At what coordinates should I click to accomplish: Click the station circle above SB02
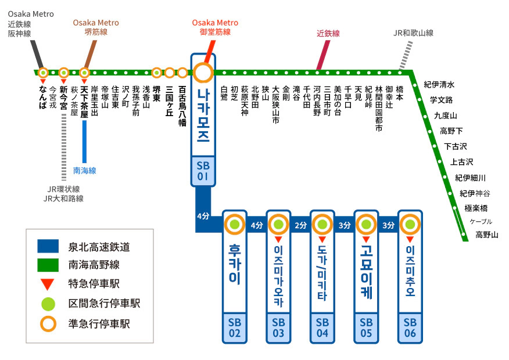click(235, 224)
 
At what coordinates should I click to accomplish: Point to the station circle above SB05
click(366, 224)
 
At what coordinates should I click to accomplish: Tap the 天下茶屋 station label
click(84, 102)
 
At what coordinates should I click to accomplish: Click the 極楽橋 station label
click(476, 208)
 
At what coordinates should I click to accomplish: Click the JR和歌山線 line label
click(413, 33)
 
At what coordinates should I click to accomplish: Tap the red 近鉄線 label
click(328, 34)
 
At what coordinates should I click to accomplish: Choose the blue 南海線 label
click(84, 171)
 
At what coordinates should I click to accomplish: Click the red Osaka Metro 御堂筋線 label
click(215, 27)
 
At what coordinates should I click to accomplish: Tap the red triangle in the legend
click(48, 285)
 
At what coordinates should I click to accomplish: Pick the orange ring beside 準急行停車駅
click(48, 323)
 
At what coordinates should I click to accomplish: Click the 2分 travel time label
click(301, 225)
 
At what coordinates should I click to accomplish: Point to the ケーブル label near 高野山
click(481, 221)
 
